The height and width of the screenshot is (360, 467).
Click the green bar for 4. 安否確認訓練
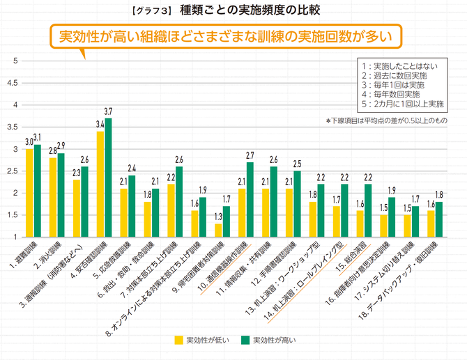pyautogui.click(x=108, y=178)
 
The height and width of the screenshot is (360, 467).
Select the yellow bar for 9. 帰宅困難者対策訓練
pyautogui.click(x=218, y=230)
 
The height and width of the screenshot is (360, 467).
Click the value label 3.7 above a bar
pyautogui.click(x=108, y=111)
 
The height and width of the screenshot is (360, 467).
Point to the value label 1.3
pyautogui.click(x=218, y=217)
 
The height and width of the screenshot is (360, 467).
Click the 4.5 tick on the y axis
pyautogui.click(x=12, y=83)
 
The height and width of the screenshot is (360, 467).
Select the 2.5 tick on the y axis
pyautogui.click(x=12, y=171)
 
